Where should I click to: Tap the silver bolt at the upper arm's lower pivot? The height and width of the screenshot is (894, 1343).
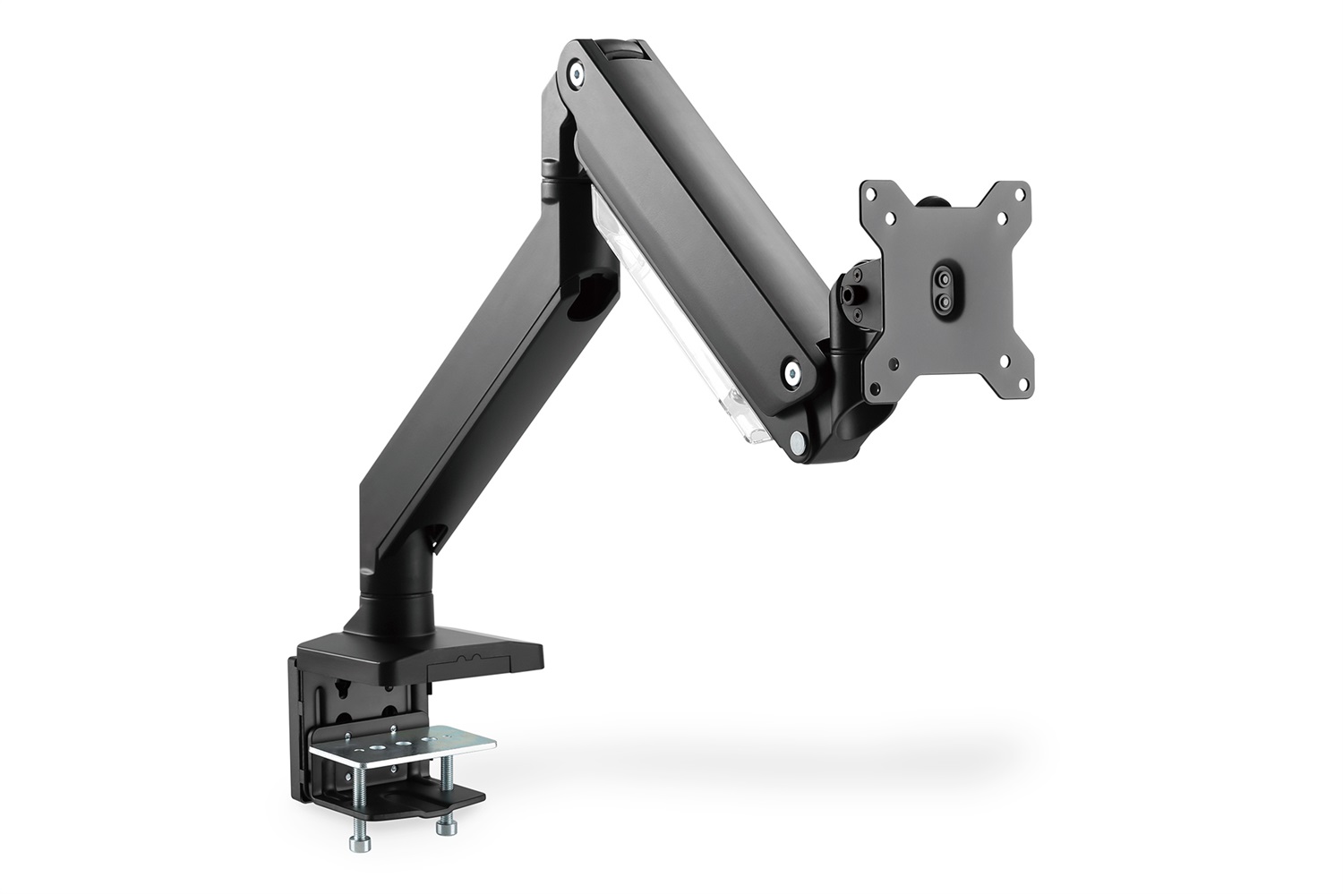point(792,372)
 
